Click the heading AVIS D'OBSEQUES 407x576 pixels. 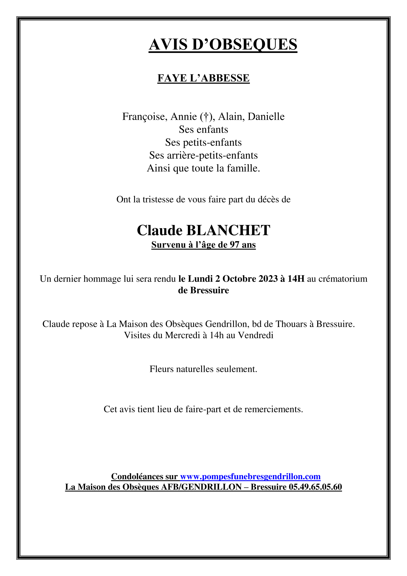[x=223, y=45]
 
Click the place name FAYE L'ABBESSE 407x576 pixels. [x=203, y=78]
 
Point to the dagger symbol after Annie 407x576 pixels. [x=204, y=117]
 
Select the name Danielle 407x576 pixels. [x=266, y=117]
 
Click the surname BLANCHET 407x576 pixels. [x=228, y=230]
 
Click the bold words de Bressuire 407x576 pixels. [x=203, y=290]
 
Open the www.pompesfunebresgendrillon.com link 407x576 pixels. [x=250, y=476]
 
